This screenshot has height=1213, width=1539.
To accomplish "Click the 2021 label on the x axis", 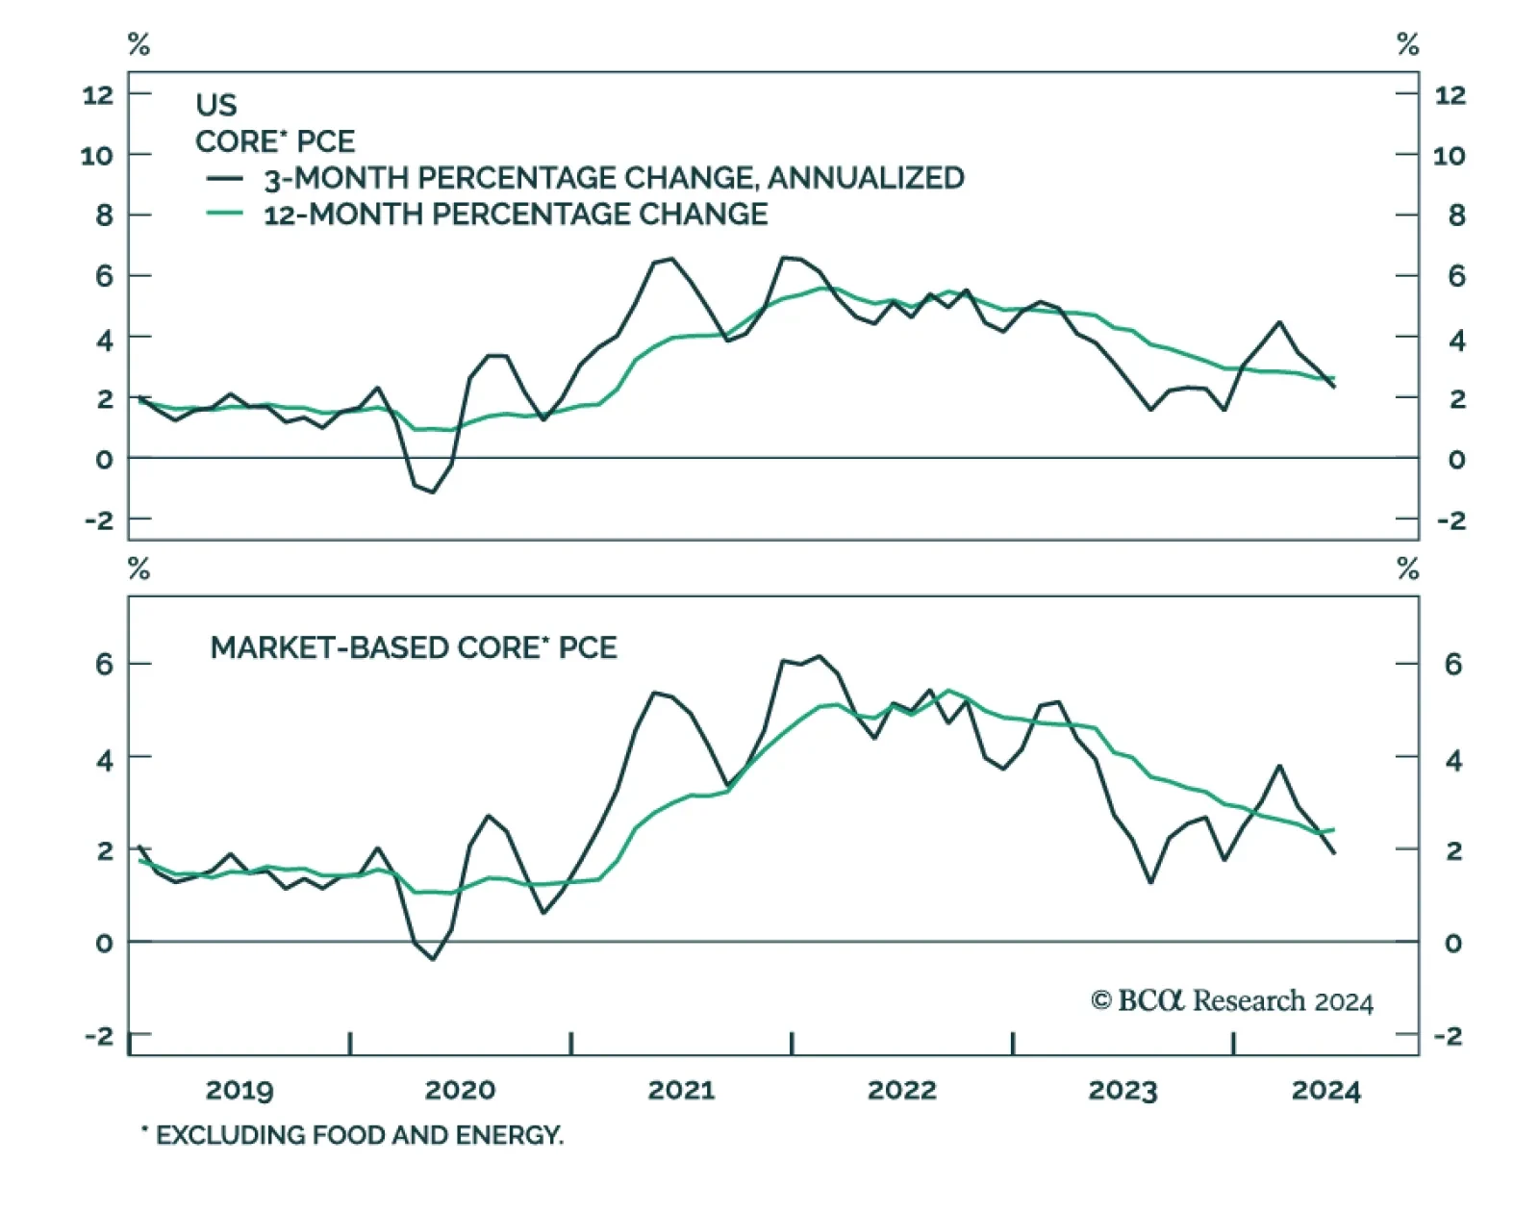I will pyautogui.click(x=681, y=1090).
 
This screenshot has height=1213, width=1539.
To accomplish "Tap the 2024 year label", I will pyautogui.click(x=1325, y=1090).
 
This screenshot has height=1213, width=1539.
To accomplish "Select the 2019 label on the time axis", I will pyautogui.click(x=240, y=1090).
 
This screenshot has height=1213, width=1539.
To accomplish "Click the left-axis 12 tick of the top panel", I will pyautogui.click(x=98, y=94).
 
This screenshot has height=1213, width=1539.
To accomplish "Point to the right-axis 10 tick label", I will pyautogui.click(x=1450, y=155).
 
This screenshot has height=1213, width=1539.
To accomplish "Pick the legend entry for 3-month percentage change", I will pyautogui.click(x=614, y=178).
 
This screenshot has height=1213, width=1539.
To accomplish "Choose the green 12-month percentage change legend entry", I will pyautogui.click(x=516, y=214).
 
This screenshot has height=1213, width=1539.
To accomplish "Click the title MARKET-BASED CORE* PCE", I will pyautogui.click(x=414, y=647).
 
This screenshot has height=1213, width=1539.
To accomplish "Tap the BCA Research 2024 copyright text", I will pyautogui.click(x=1232, y=1001).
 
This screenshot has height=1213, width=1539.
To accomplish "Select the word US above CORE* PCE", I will pyautogui.click(x=215, y=104).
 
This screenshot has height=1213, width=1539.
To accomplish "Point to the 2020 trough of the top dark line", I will pyautogui.click(x=433, y=493).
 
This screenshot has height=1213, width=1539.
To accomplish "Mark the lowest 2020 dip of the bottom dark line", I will pyautogui.click(x=433, y=959).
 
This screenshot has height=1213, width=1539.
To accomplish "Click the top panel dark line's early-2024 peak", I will pyautogui.click(x=1279, y=322).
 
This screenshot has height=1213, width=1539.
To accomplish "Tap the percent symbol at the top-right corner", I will pyautogui.click(x=1407, y=44).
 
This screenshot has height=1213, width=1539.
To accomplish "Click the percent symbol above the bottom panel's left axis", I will pyautogui.click(x=139, y=569).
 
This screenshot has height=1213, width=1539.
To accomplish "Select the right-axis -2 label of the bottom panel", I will pyautogui.click(x=1448, y=1036).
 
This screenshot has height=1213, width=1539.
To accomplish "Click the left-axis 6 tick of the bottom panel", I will pyautogui.click(x=104, y=664).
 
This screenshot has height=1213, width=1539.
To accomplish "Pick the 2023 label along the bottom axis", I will pyautogui.click(x=1122, y=1090).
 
